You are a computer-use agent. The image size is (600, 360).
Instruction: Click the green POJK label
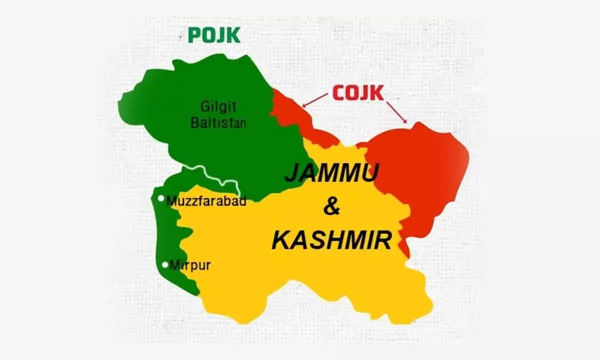213,35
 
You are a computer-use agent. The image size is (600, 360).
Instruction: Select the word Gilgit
218,106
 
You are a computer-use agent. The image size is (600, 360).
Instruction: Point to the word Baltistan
218,122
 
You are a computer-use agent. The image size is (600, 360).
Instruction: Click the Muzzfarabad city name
206,201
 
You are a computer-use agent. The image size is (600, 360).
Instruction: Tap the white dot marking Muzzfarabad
161,198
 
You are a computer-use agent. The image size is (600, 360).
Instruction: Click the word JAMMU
332,174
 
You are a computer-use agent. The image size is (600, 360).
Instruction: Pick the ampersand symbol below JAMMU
331,206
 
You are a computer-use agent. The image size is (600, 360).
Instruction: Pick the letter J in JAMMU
290,174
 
